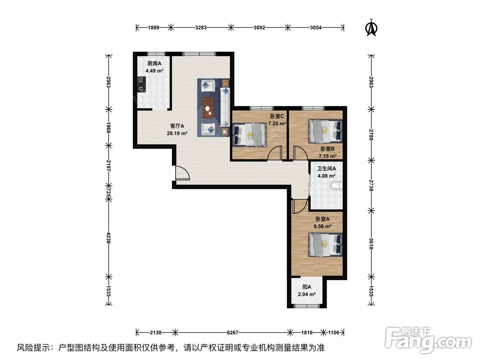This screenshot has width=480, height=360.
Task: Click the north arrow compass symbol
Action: point(371,27)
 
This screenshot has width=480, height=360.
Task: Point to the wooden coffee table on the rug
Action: point(207,108)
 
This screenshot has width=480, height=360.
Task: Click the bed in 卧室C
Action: point(249,134)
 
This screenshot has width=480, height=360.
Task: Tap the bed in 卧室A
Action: point(325,244)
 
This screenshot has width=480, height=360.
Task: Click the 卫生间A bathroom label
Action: point(325,168)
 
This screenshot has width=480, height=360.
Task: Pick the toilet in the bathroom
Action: point(339,187)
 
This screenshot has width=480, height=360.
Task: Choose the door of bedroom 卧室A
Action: point(297,206)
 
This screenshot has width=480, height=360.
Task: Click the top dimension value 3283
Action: point(201,28)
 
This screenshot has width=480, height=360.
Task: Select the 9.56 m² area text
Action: point(323,226)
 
